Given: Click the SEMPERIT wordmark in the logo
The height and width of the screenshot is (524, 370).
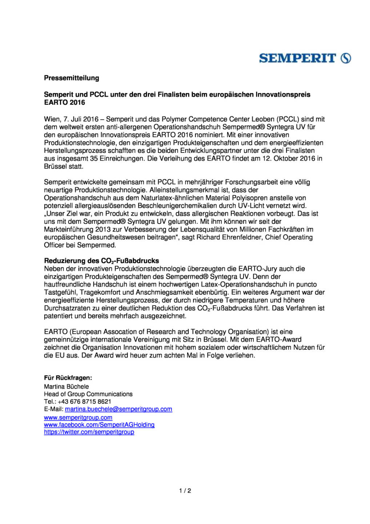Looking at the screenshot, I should coord(297,58).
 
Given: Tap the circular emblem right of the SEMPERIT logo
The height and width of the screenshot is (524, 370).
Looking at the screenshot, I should coord(346,58).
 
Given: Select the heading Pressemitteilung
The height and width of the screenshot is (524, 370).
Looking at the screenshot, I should coord(71,78).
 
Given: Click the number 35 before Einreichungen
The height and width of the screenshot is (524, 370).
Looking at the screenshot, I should coord(94,159).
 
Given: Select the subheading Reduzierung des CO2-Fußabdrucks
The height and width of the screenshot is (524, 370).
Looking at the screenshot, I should coord(101,261).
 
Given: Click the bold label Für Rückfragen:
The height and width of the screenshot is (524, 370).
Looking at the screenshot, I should coord(68,378).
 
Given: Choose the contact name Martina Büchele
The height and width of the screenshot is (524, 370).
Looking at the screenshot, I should coord(66,386).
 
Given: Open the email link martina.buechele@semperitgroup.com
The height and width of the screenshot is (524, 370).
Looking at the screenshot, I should coord(118,409).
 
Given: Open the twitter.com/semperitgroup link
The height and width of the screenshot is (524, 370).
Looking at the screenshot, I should coord(89,432).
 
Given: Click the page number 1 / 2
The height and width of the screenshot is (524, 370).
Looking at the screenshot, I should coord(185,491).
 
